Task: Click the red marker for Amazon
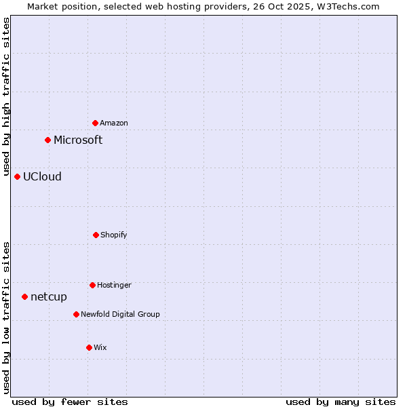(x=95, y=123)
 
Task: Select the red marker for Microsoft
(x=47, y=140)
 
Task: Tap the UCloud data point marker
(x=17, y=176)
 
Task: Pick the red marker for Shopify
(x=96, y=235)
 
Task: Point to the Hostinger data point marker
(x=92, y=285)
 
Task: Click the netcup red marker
(x=24, y=296)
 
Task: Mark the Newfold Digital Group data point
(x=76, y=314)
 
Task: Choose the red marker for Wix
(x=89, y=347)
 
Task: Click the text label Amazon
(x=114, y=123)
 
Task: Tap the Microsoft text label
(x=78, y=140)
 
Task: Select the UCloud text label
(x=42, y=176)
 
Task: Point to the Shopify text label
(x=114, y=235)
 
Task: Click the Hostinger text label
(x=114, y=285)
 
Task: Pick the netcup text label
(x=49, y=296)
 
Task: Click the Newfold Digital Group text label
(x=121, y=314)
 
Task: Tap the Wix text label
(x=100, y=347)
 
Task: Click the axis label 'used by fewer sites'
(x=70, y=402)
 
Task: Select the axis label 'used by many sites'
(x=341, y=402)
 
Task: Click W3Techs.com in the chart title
(x=345, y=6)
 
